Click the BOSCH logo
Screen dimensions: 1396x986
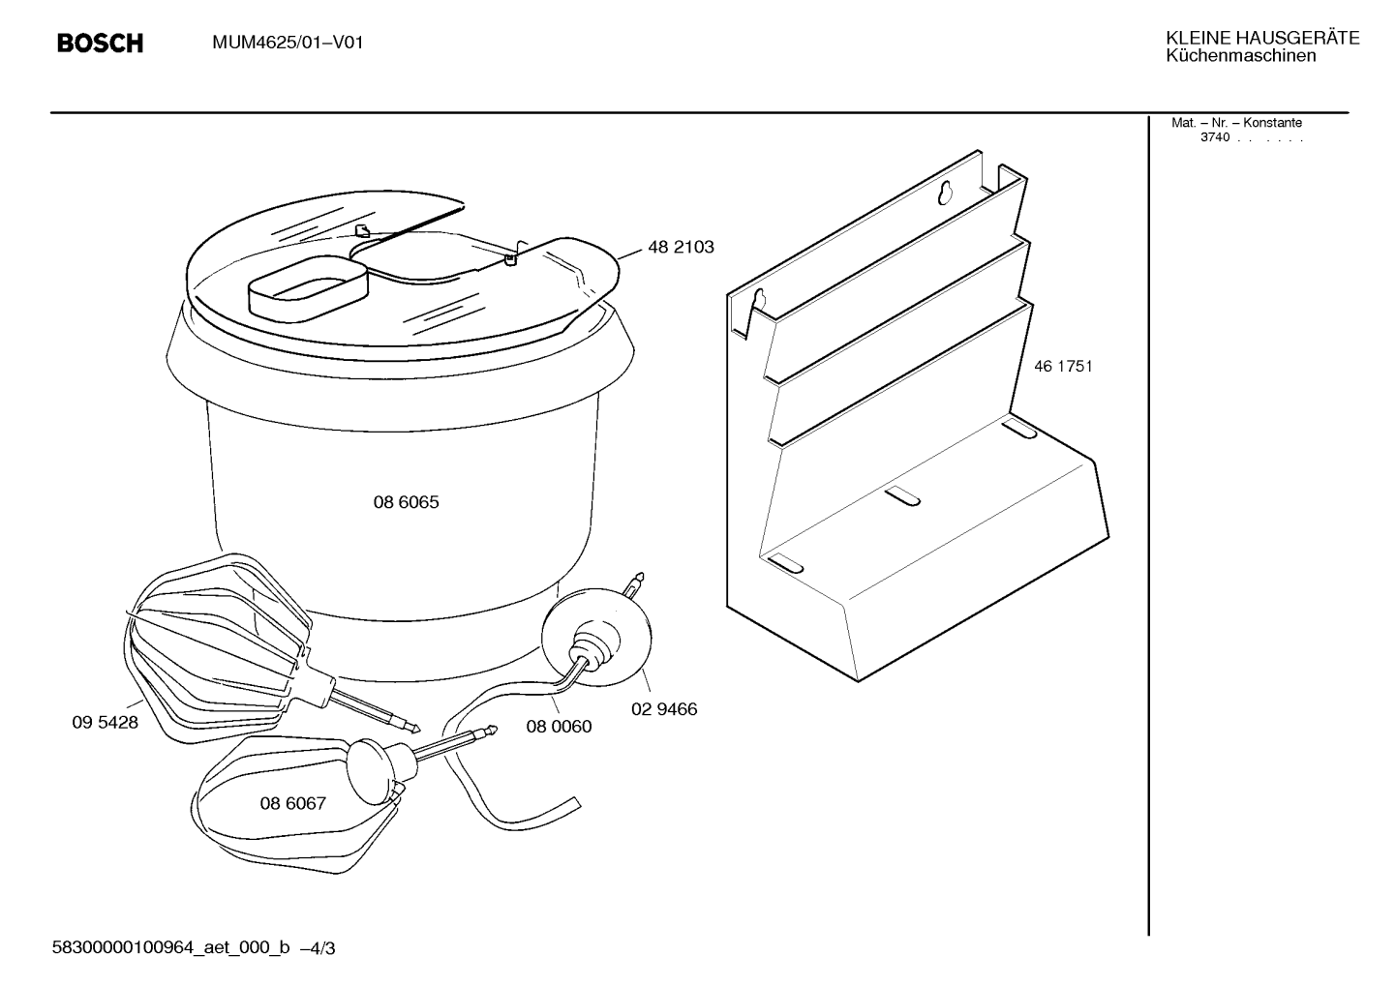101,43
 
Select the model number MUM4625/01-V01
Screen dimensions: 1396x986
288,43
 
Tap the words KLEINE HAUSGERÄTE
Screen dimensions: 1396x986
1262,38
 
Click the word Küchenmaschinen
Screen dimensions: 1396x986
1241,56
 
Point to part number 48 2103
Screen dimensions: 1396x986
681,248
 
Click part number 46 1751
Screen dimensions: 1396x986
1063,367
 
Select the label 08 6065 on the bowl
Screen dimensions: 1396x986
407,502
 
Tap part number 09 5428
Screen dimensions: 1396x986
105,723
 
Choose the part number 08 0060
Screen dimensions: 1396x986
559,727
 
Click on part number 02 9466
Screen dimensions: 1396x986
664,709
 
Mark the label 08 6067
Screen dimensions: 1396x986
293,803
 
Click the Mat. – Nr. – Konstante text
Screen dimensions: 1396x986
1236,123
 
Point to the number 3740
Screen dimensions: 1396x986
1215,137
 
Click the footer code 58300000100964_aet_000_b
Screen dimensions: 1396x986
170,947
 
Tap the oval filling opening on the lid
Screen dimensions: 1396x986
309,285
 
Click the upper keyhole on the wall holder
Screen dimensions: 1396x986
946,193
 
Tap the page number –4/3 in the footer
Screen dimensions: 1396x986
318,948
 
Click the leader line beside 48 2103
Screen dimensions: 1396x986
629,254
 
